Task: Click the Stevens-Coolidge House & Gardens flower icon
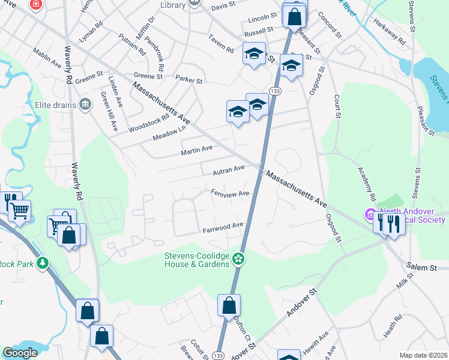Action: pos(238,259)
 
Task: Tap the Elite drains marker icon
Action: pos(85,105)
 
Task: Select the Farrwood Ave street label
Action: pos(222,227)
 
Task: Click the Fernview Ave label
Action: pos(229,194)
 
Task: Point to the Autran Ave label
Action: pos(229,172)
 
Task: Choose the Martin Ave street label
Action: pos(197,149)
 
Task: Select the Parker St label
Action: pos(189,79)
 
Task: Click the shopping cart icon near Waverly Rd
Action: pos(20,211)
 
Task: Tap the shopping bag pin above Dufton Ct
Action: pos(229,305)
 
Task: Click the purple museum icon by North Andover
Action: pos(369,214)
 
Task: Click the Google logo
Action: pos(20,353)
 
